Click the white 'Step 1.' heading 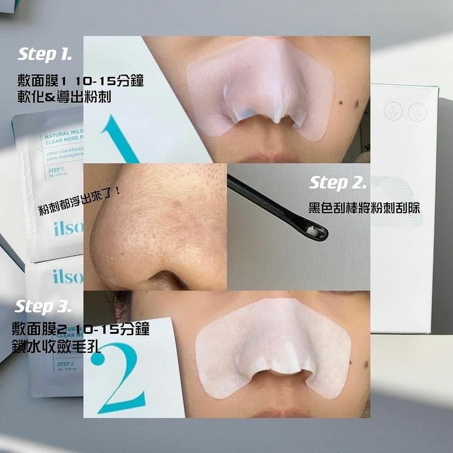click(x=45, y=54)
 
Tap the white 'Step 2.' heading click(x=338, y=183)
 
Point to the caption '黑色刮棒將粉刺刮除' click(x=364, y=207)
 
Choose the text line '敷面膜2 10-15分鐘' click(x=80, y=329)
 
